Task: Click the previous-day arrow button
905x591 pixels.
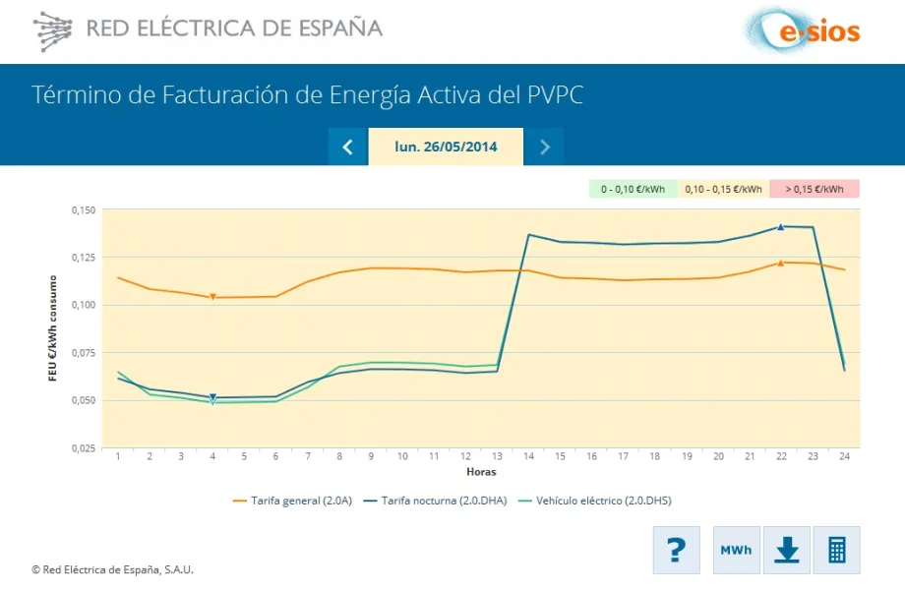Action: pos(347,148)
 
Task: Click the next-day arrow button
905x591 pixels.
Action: pos(544,148)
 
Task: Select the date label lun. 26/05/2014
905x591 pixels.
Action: pos(446,148)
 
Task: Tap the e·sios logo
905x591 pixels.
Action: pos(801,30)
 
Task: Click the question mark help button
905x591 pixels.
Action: pos(676,550)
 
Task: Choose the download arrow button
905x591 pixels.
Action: pos(786,550)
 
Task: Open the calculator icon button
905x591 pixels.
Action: pos(836,550)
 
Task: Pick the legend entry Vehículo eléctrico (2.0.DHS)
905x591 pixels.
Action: pos(596,501)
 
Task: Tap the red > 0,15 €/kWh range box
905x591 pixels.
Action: pos(814,189)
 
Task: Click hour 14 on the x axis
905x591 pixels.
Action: pos(529,456)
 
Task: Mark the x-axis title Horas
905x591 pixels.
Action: pos(481,472)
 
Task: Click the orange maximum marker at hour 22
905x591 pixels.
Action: pos(781,263)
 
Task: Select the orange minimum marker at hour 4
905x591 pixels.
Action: pos(212,297)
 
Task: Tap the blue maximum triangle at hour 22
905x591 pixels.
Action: pos(781,226)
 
